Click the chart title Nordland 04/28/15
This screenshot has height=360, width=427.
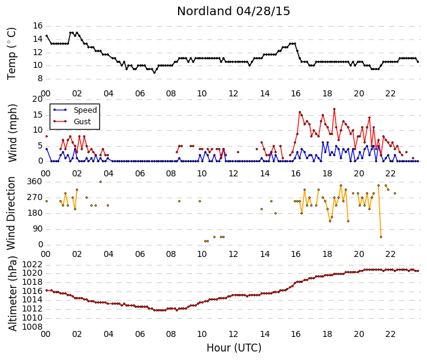pos(233,12)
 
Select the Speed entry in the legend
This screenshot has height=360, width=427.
pos(85,110)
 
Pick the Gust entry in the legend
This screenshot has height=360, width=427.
pos(82,122)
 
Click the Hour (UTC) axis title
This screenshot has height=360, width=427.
pos(234,348)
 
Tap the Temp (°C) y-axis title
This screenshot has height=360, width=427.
pos(12,54)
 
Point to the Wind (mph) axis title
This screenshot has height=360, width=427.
pos(12,133)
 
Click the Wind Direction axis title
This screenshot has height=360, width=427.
pos(11,213)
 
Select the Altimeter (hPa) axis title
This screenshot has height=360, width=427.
pos(12,293)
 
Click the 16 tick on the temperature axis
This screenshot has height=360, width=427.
pos(38,26)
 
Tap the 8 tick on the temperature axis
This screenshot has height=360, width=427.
pos(40,79)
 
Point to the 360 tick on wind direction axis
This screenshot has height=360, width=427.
pos(35,181)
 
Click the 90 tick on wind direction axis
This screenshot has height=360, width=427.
pos(38,228)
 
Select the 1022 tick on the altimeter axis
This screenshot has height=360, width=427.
pos(32,264)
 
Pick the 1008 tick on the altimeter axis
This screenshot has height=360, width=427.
pos(32,327)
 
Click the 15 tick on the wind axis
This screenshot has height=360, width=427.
pos(38,115)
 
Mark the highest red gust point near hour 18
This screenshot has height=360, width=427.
pos(334,109)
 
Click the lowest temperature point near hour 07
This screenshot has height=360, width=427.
pos(154,73)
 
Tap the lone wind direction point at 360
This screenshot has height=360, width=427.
pos(101,182)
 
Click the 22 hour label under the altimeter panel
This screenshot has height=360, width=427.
pos(390,334)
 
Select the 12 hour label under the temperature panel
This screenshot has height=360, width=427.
pos(233,93)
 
